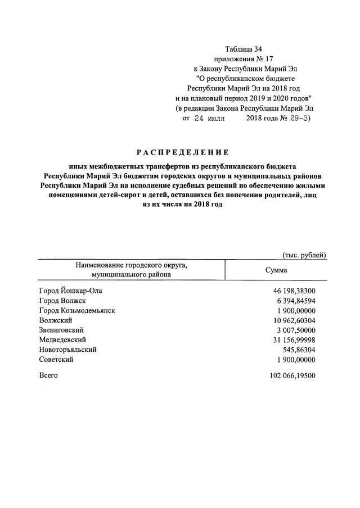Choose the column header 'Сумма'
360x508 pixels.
(x=276, y=270)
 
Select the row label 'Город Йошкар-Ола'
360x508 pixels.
(x=71, y=291)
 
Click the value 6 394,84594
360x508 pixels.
(x=294, y=301)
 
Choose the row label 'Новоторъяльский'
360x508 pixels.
(x=68, y=350)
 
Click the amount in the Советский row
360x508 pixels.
(x=294, y=360)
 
